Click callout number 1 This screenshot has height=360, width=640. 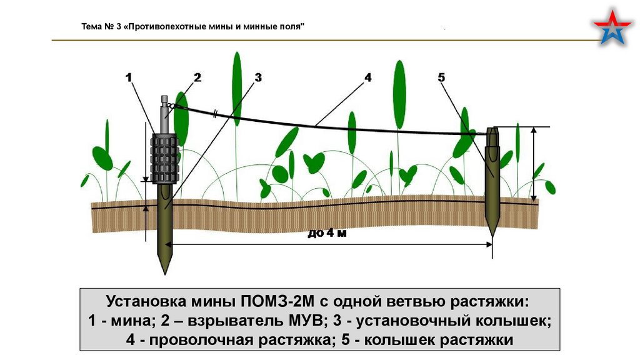129,77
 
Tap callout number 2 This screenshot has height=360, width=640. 197,77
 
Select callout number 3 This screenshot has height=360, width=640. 257,77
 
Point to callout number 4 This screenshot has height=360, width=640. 368,77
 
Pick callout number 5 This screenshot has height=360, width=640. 441,77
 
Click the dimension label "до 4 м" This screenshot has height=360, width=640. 326,234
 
